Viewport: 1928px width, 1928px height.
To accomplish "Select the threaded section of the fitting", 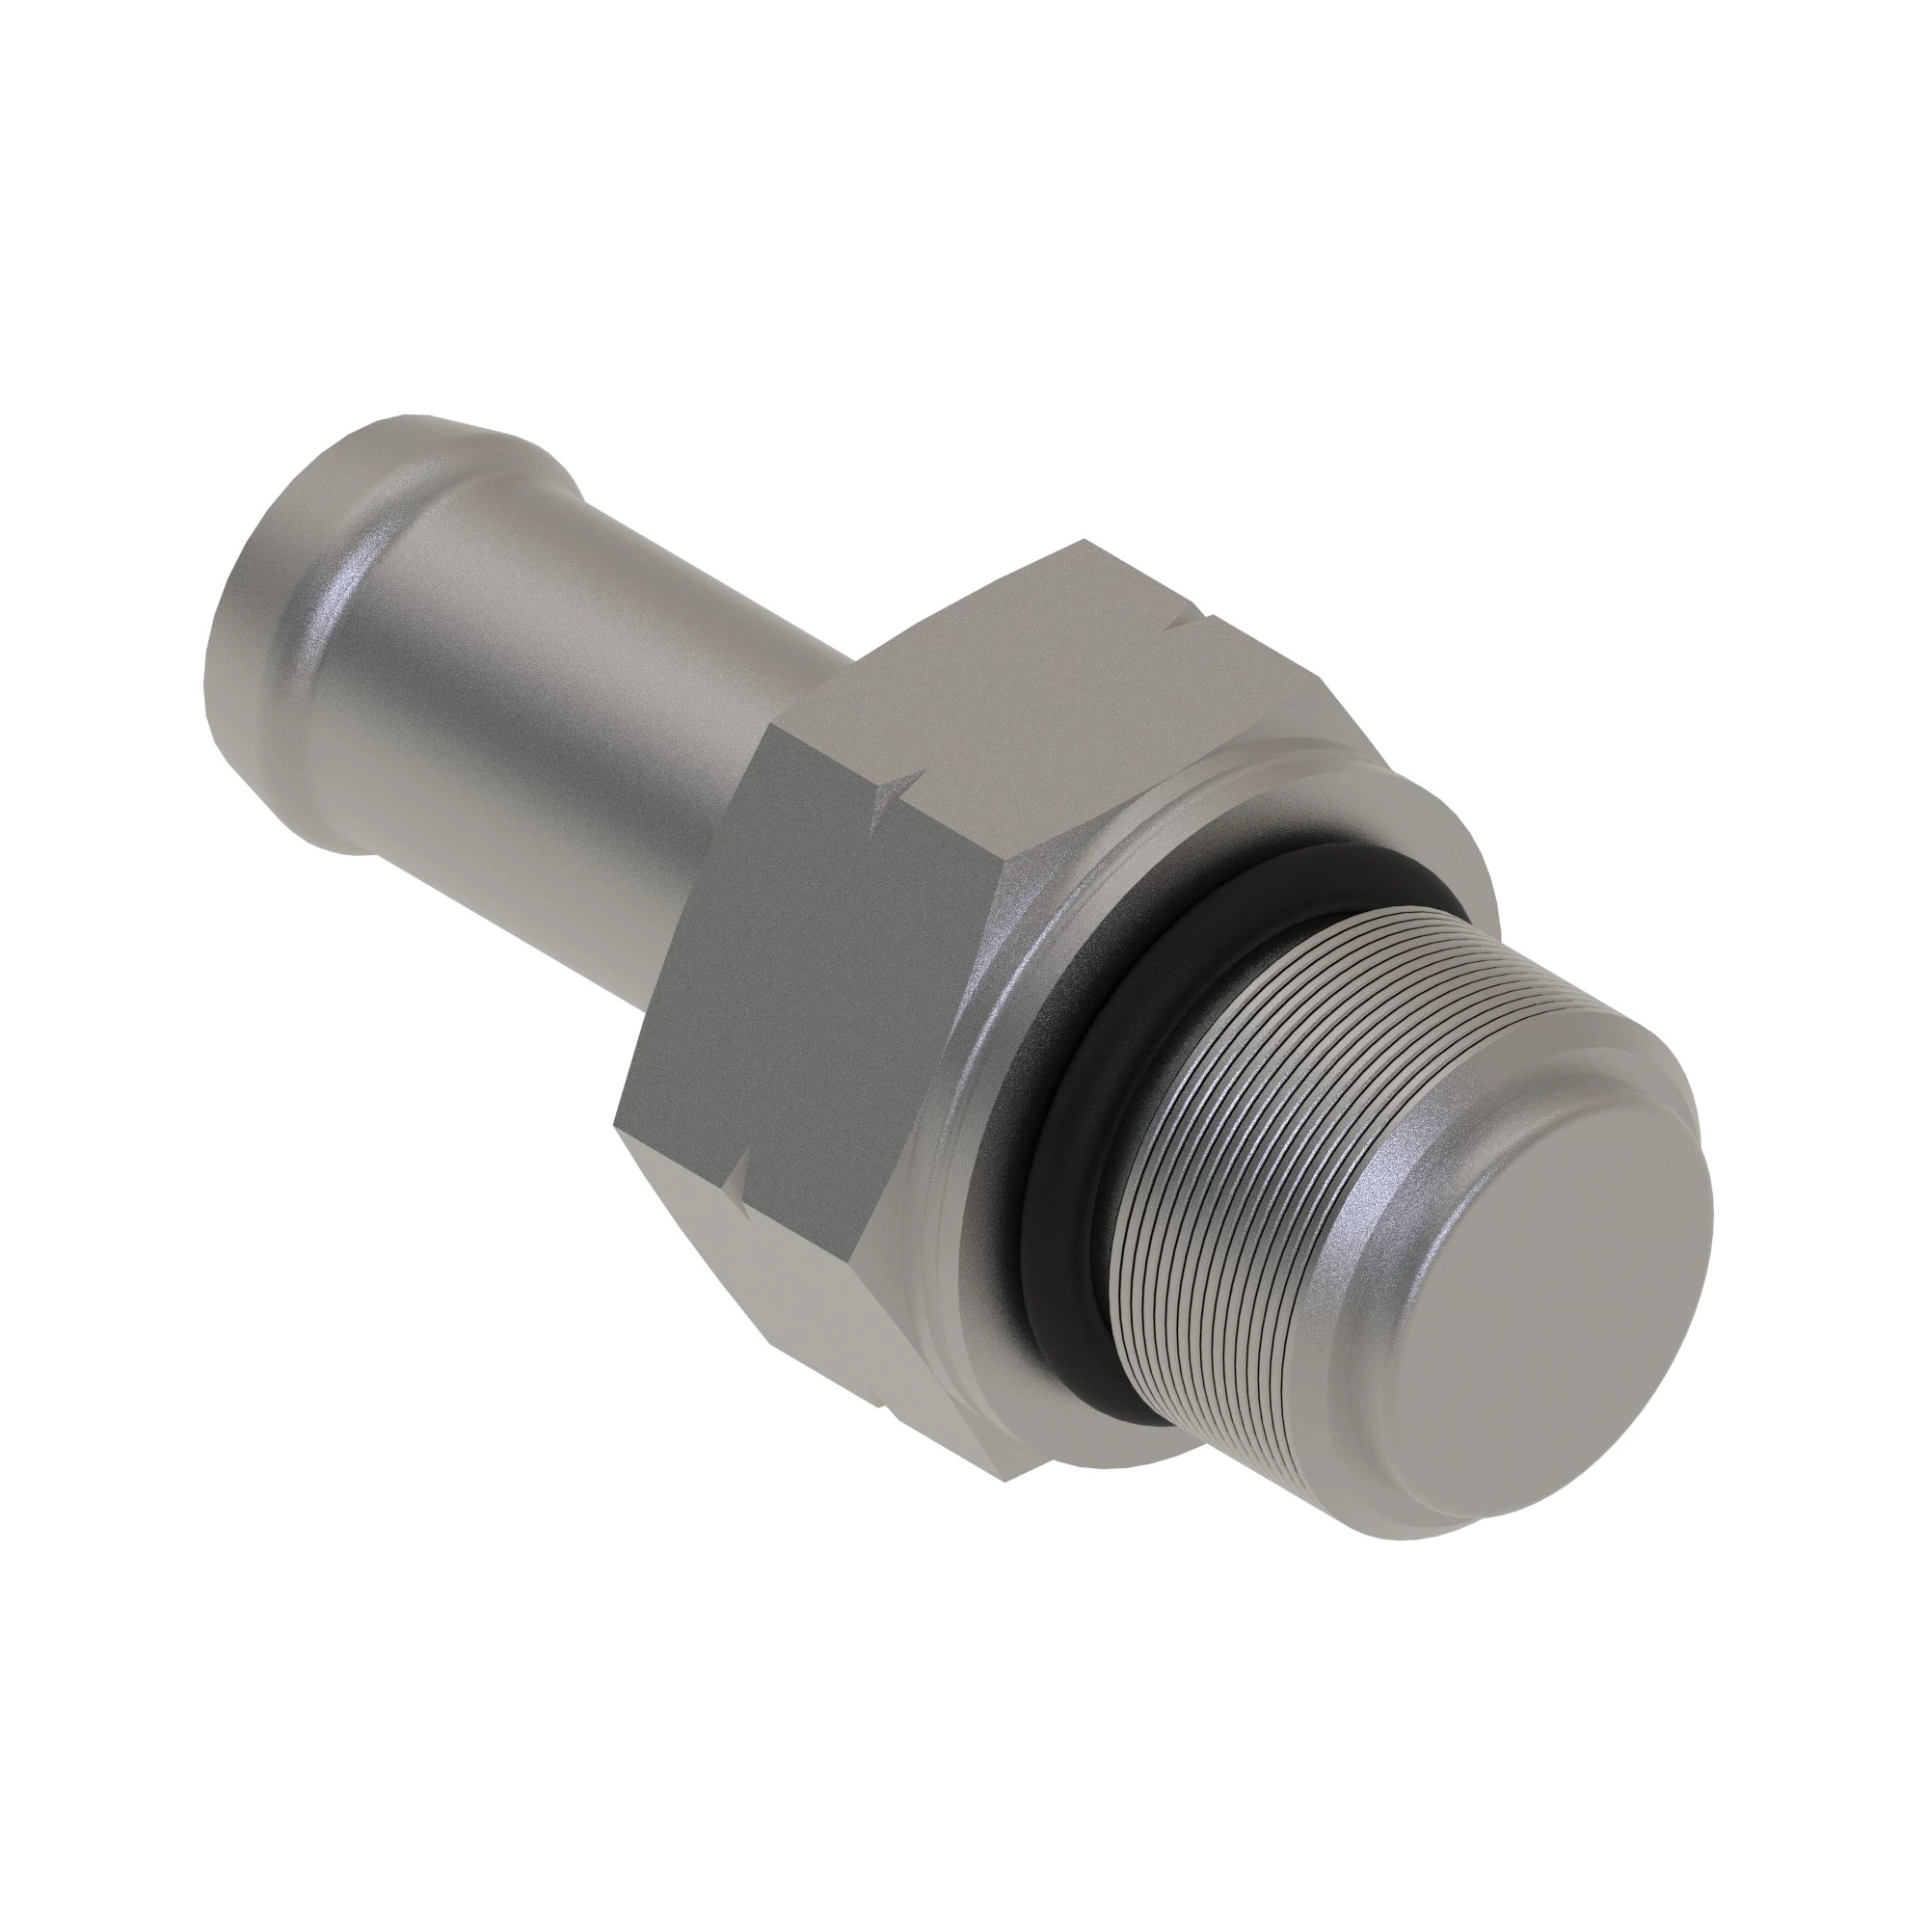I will pos(1247,1147).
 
